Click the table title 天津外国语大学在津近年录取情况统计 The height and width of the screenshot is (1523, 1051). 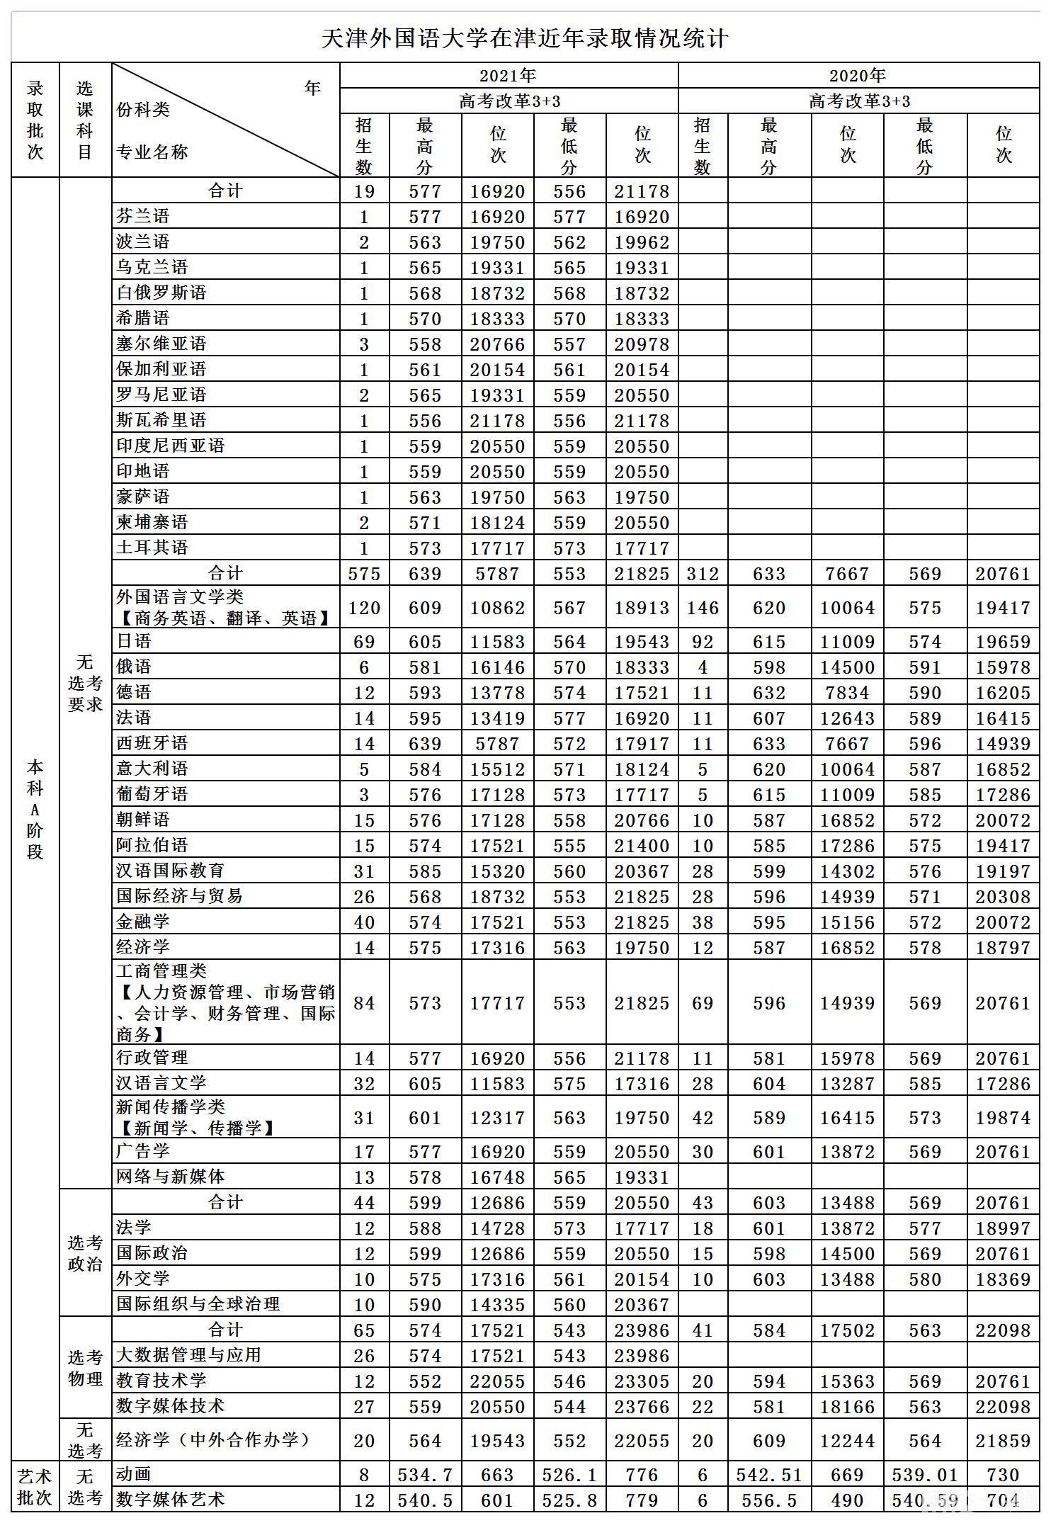point(525,38)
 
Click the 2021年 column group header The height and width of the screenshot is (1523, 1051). point(508,75)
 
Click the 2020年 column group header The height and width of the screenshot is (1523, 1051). point(858,75)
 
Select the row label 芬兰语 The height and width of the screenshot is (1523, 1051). point(143,216)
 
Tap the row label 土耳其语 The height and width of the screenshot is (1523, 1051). point(152,548)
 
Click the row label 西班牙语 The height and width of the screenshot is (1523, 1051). point(152,743)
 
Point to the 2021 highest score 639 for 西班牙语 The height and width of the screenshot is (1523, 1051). point(425,744)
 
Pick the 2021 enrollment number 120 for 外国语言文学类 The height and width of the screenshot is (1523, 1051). point(364,608)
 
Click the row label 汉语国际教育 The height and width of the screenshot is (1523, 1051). point(171,871)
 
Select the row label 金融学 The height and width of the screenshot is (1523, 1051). point(143,922)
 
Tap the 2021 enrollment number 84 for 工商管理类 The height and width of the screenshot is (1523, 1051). point(364,1003)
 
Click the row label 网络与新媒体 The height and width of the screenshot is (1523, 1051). point(171,1177)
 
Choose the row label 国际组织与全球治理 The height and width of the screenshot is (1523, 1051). point(198,1304)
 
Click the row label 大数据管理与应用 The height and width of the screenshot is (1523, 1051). point(189,1355)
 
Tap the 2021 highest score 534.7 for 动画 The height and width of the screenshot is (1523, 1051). point(425,1475)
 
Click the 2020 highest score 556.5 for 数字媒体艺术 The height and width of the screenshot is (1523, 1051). point(769,1500)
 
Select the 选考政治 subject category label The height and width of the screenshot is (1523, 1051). point(85,1253)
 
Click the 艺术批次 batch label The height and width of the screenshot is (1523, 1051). point(35,1488)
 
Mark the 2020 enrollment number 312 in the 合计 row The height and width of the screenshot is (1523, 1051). point(703,574)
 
